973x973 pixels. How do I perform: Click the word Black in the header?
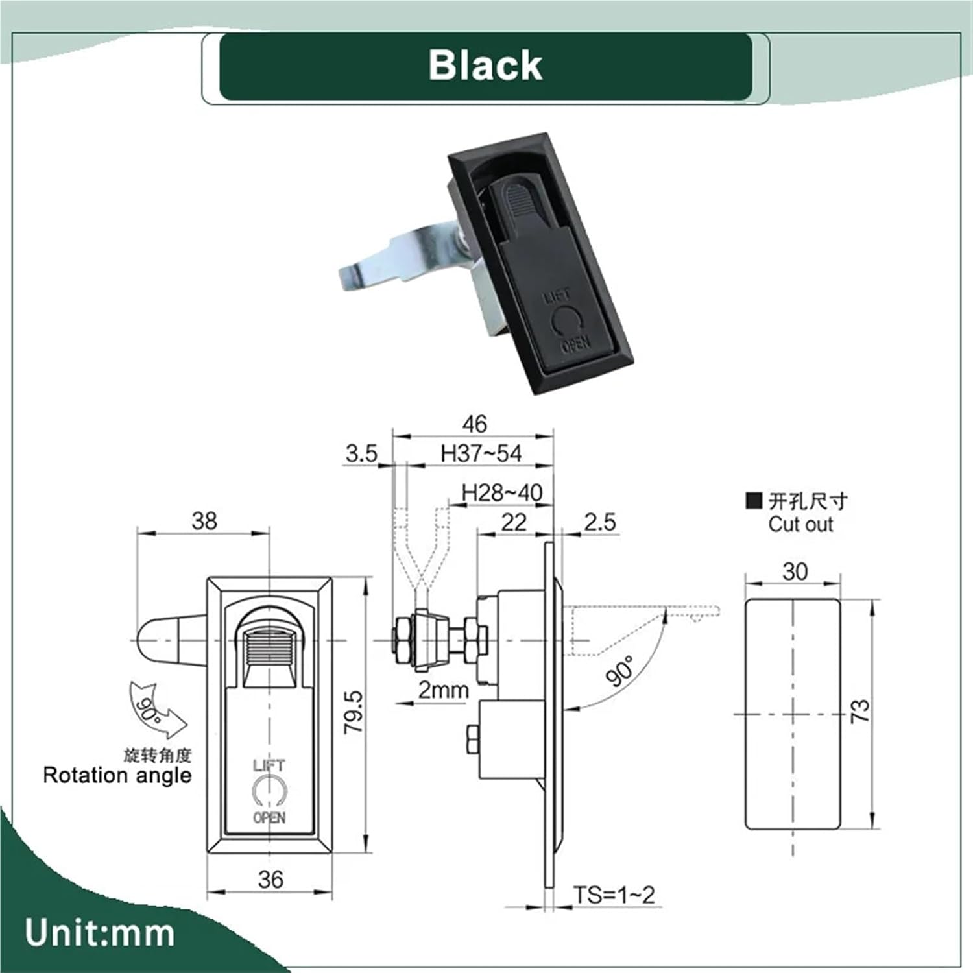(x=485, y=66)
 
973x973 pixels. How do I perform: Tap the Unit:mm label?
(x=99, y=933)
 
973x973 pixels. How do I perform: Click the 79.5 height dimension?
(x=354, y=712)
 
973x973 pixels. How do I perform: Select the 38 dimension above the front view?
(x=204, y=521)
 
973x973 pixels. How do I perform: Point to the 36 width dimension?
(x=270, y=880)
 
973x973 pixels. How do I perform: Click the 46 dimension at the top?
(x=474, y=424)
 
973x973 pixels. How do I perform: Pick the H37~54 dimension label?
(x=481, y=453)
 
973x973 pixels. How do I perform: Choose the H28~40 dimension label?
(x=501, y=493)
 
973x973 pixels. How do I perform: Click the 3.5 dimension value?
(x=361, y=453)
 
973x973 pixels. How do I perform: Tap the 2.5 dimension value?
(x=599, y=522)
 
